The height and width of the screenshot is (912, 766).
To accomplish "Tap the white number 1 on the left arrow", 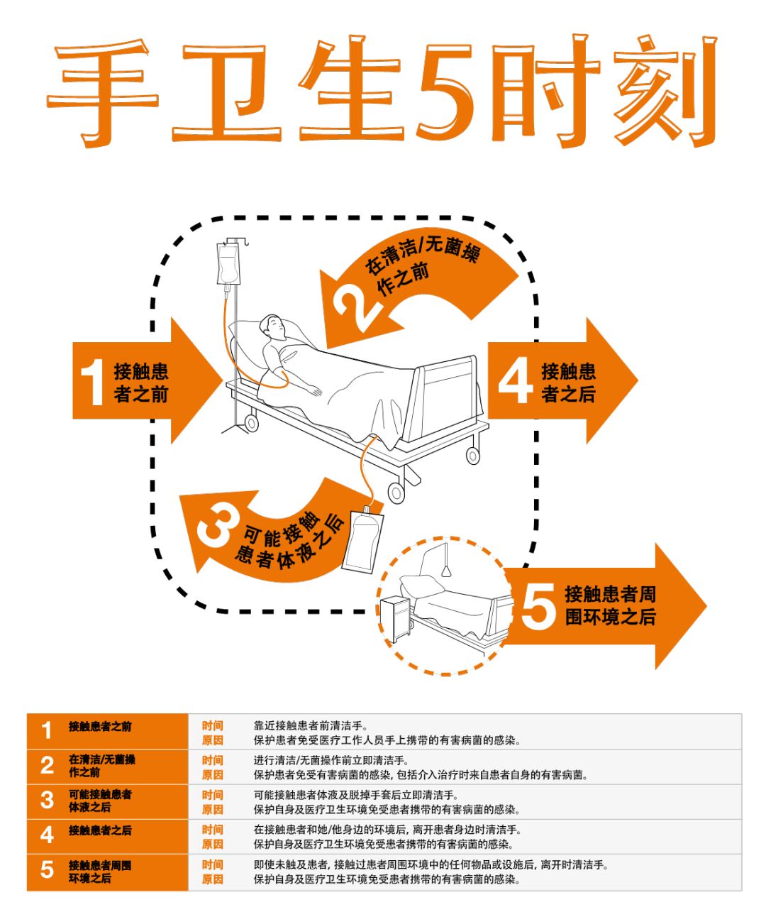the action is pyautogui.click(x=92, y=382).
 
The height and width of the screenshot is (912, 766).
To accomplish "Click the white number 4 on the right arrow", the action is pyautogui.click(x=516, y=380).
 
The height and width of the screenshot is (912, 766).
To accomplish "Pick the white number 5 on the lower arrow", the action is pyautogui.click(x=538, y=606).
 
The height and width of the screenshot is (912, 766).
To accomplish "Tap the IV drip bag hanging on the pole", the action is pyautogui.click(x=228, y=265).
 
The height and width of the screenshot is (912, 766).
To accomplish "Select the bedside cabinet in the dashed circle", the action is pyautogui.click(x=396, y=619).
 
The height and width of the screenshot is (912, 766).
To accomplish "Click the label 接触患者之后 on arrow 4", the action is pyautogui.click(x=568, y=383).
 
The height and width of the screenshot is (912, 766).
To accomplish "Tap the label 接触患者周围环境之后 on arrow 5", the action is pyautogui.click(x=610, y=605).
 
